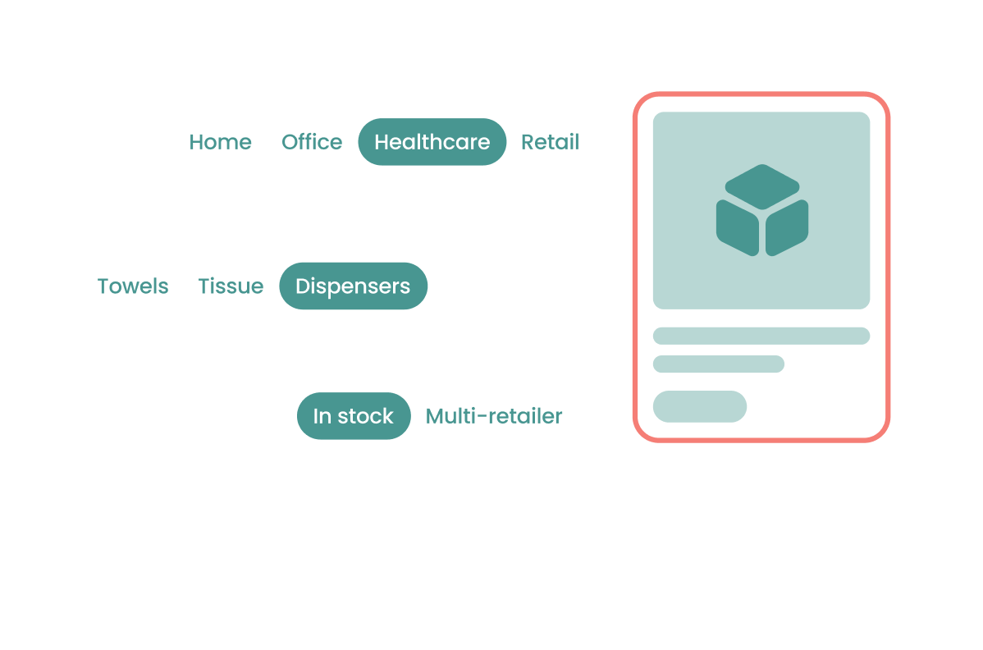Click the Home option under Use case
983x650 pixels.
point(220,142)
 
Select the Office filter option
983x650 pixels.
point(312,142)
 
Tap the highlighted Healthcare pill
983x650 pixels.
point(432,142)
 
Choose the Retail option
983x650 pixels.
point(550,142)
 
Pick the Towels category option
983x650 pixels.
point(133,286)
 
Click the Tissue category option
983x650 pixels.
point(231,286)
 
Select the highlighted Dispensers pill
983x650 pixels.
point(353,286)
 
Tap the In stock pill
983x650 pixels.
point(353,416)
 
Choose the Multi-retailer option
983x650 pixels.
point(494,416)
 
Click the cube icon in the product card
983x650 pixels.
point(761,210)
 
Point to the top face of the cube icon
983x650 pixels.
point(761,185)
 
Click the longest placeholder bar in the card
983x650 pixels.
point(761,336)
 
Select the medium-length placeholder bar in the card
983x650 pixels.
point(719,364)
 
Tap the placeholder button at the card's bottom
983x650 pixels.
point(700,406)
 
